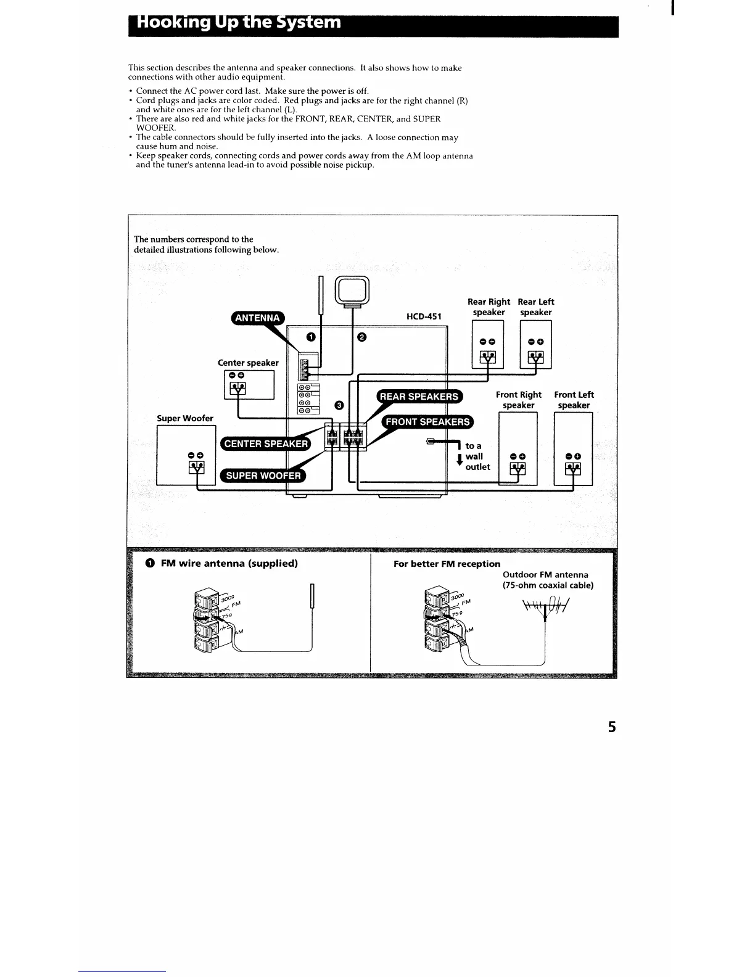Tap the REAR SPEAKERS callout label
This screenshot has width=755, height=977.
click(x=419, y=397)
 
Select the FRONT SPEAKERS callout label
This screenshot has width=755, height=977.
click(x=427, y=422)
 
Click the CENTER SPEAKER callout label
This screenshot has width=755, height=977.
click(x=265, y=444)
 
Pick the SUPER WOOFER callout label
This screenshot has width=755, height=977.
click(x=263, y=476)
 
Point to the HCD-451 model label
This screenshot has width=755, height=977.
click(x=424, y=316)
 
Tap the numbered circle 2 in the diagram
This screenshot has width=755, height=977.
click(x=361, y=337)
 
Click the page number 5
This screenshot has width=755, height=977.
click(x=611, y=727)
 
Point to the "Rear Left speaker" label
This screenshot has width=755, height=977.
click(x=535, y=307)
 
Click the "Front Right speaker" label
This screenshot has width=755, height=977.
click(x=518, y=400)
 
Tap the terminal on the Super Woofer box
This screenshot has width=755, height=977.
click(x=196, y=468)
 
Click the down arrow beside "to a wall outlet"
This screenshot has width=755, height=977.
click(x=459, y=460)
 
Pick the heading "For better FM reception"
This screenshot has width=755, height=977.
click(x=447, y=564)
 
